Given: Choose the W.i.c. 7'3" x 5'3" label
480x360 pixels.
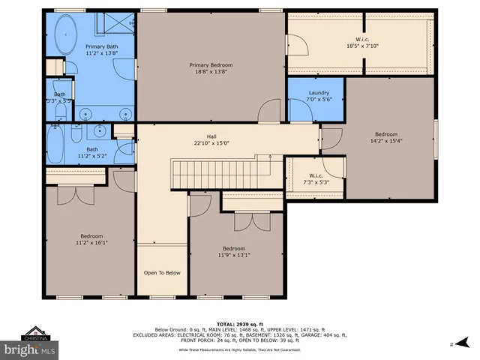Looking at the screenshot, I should [315, 178].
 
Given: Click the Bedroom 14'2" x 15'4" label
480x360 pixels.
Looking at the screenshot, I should [386, 138].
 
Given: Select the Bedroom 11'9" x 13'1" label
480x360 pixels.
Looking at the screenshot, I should [233, 252].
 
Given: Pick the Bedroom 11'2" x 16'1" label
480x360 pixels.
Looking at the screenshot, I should [91, 239].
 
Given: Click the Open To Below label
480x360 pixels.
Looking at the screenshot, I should [162, 272].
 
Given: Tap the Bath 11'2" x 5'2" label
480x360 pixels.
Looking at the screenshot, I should [91, 152].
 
